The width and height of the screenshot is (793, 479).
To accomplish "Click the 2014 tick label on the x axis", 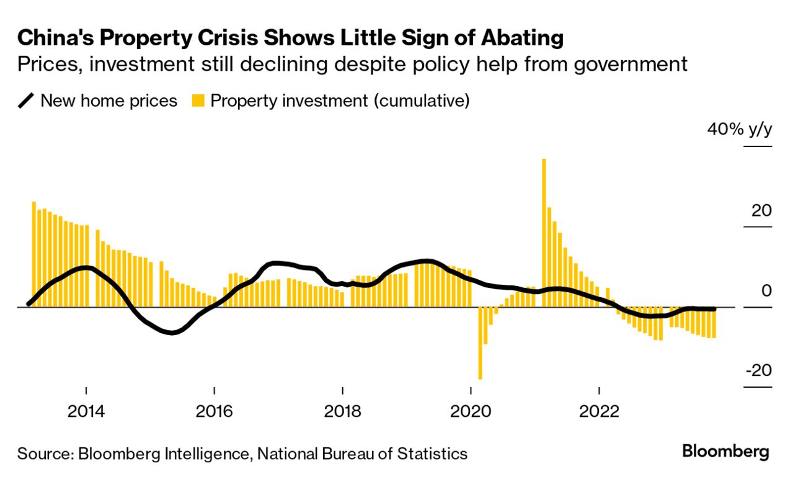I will point(86,412).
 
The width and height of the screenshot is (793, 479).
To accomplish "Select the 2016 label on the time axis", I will point(214,412).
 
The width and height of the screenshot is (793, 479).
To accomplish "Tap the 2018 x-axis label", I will point(342,412).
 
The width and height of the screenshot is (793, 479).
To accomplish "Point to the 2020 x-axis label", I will point(471,412).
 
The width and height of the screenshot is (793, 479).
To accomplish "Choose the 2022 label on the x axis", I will point(599,412).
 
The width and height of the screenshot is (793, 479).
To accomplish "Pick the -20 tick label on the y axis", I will point(758,370).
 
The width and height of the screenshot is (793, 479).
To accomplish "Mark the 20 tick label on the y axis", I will point(761,210).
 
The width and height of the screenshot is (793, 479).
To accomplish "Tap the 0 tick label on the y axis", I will point(767,290).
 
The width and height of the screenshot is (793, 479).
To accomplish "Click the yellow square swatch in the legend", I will point(198,101).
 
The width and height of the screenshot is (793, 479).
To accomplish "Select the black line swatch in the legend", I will point(27,101).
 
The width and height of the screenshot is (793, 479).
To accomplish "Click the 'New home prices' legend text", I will point(109,101).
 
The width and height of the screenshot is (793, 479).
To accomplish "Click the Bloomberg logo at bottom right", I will point(725,452).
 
